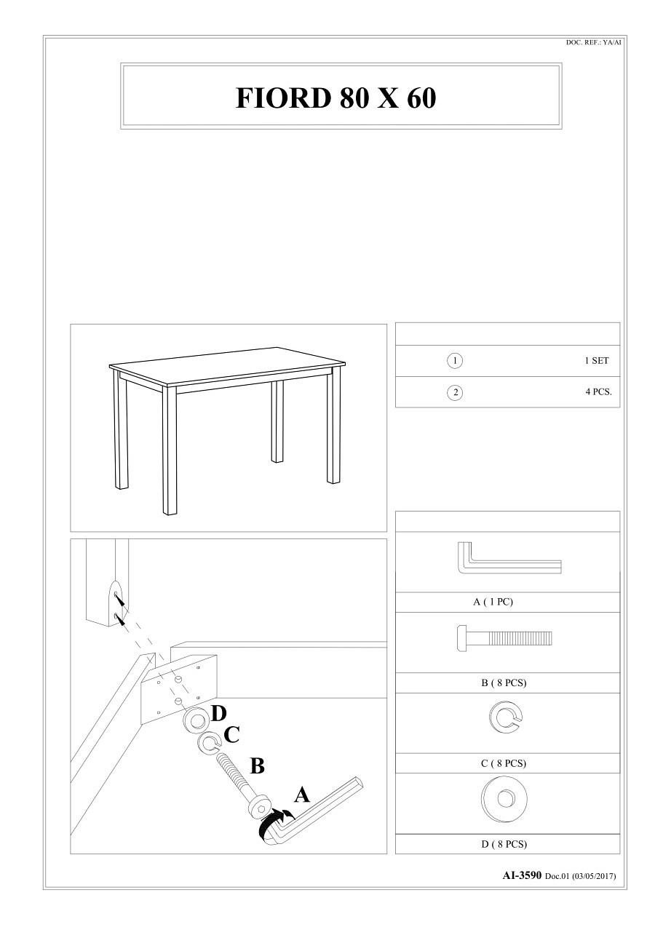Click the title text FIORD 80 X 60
click(336, 98)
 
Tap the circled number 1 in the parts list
click(454, 361)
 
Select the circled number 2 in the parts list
click(454, 392)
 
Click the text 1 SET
click(597, 361)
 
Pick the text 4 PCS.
click(598, 391)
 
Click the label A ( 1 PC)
click(493, 602)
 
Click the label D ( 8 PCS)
click(504, 844)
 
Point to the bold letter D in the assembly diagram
click(219, 715)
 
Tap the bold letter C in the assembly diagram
click(232, 735)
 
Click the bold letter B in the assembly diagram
click(257, 766)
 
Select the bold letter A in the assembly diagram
click(301, 795)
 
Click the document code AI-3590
click(522, 875)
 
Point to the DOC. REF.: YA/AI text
click(593, 43)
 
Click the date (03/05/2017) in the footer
click(594, 876)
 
